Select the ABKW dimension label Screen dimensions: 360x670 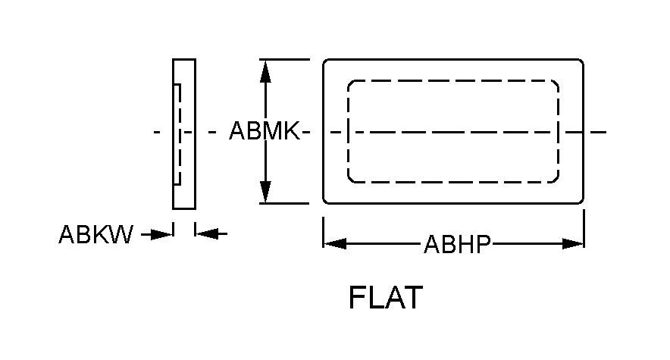(x=95, y=235)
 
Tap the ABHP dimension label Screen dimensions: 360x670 (x=458, y=244)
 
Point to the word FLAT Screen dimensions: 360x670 (x=385, y=298)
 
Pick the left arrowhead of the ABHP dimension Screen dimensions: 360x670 (x=335, y=244)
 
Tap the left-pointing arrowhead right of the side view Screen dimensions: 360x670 (x=206, y=234)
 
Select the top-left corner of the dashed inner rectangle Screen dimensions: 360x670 (x=350, y=83)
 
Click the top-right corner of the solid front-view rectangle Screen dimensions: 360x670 (x=581, y=61)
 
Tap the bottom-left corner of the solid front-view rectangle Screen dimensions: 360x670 (x=325, y=202)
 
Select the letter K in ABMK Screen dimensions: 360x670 (x=292, y=132)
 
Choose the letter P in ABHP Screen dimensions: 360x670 (x=484, y=244)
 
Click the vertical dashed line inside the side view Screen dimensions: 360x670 (x=180, y=133)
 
